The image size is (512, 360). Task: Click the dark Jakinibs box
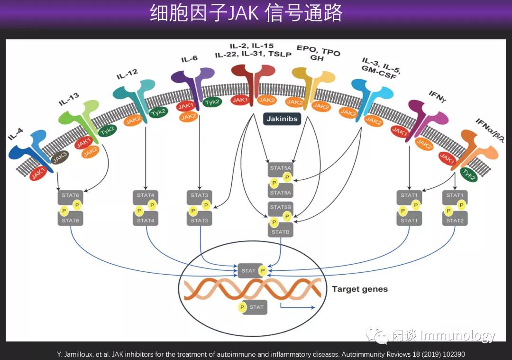[x=283, y=119]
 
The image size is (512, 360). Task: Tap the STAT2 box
[x=455, y=220]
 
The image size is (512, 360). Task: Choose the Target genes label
[x=359, y=289]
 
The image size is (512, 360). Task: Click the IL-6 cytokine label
[x=189, y=59]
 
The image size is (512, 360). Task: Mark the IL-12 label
[x=127, y=74]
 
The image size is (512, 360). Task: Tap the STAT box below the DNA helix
[x=253, y=307]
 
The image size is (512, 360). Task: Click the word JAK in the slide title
[x=243, y=14]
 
